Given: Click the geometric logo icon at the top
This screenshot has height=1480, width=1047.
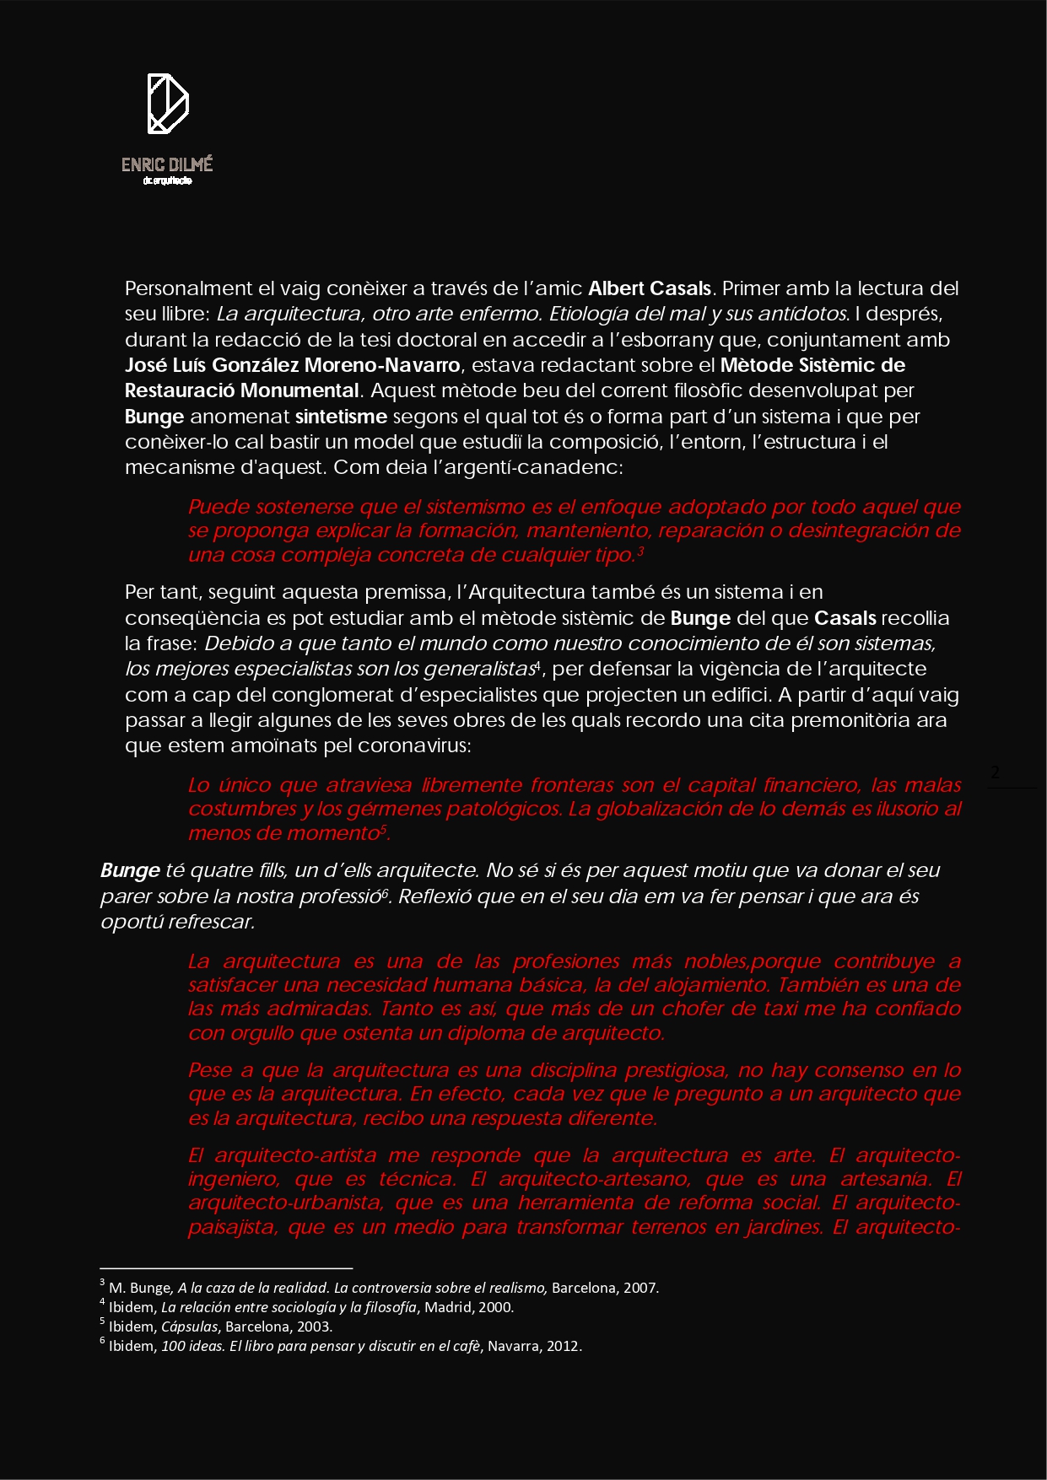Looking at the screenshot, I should click(168, 104).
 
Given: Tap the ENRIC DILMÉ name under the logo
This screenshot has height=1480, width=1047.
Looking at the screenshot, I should click(167, 164).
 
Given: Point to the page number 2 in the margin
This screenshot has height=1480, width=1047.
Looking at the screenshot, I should click(996, 772).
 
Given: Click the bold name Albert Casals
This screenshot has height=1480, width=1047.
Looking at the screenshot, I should click(650, 288).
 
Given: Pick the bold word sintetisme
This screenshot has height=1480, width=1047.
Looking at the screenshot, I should click(341, 417).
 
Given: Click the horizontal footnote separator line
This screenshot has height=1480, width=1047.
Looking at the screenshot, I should click(226, 1267).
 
